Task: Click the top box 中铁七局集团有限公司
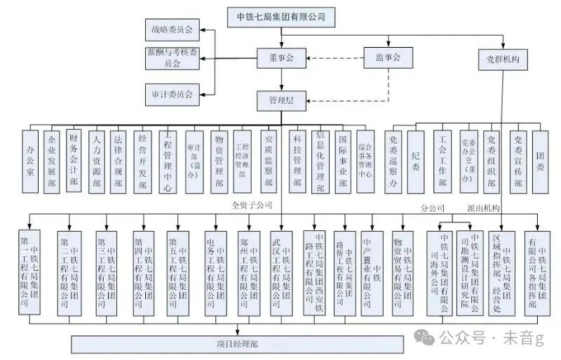(x=281, y=15)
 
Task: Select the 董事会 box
(x=280, y=58)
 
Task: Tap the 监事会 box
(x=386, y=58)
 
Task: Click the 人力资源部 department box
(x=97, y=161)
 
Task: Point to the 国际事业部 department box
(x=342, y=161)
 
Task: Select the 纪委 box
(x=416, y=161)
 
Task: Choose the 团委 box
(x=540, y=161)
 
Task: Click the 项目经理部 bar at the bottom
(x=238, y=344)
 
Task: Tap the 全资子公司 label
(x=251, y=206)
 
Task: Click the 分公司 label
(x=433, y=208)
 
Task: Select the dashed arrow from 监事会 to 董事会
(x=334, y=58)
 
